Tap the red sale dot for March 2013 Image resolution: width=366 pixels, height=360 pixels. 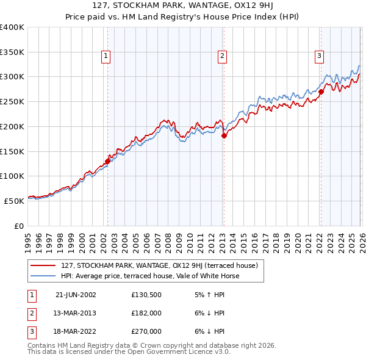click(x=224, y=135)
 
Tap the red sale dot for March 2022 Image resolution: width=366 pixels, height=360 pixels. click(x=321, y=92)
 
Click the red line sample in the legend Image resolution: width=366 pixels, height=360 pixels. click(x=43, y=265)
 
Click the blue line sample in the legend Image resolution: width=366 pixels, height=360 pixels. click(x=43, y=276)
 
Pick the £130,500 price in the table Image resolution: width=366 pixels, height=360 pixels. click(x=146, y=295)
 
